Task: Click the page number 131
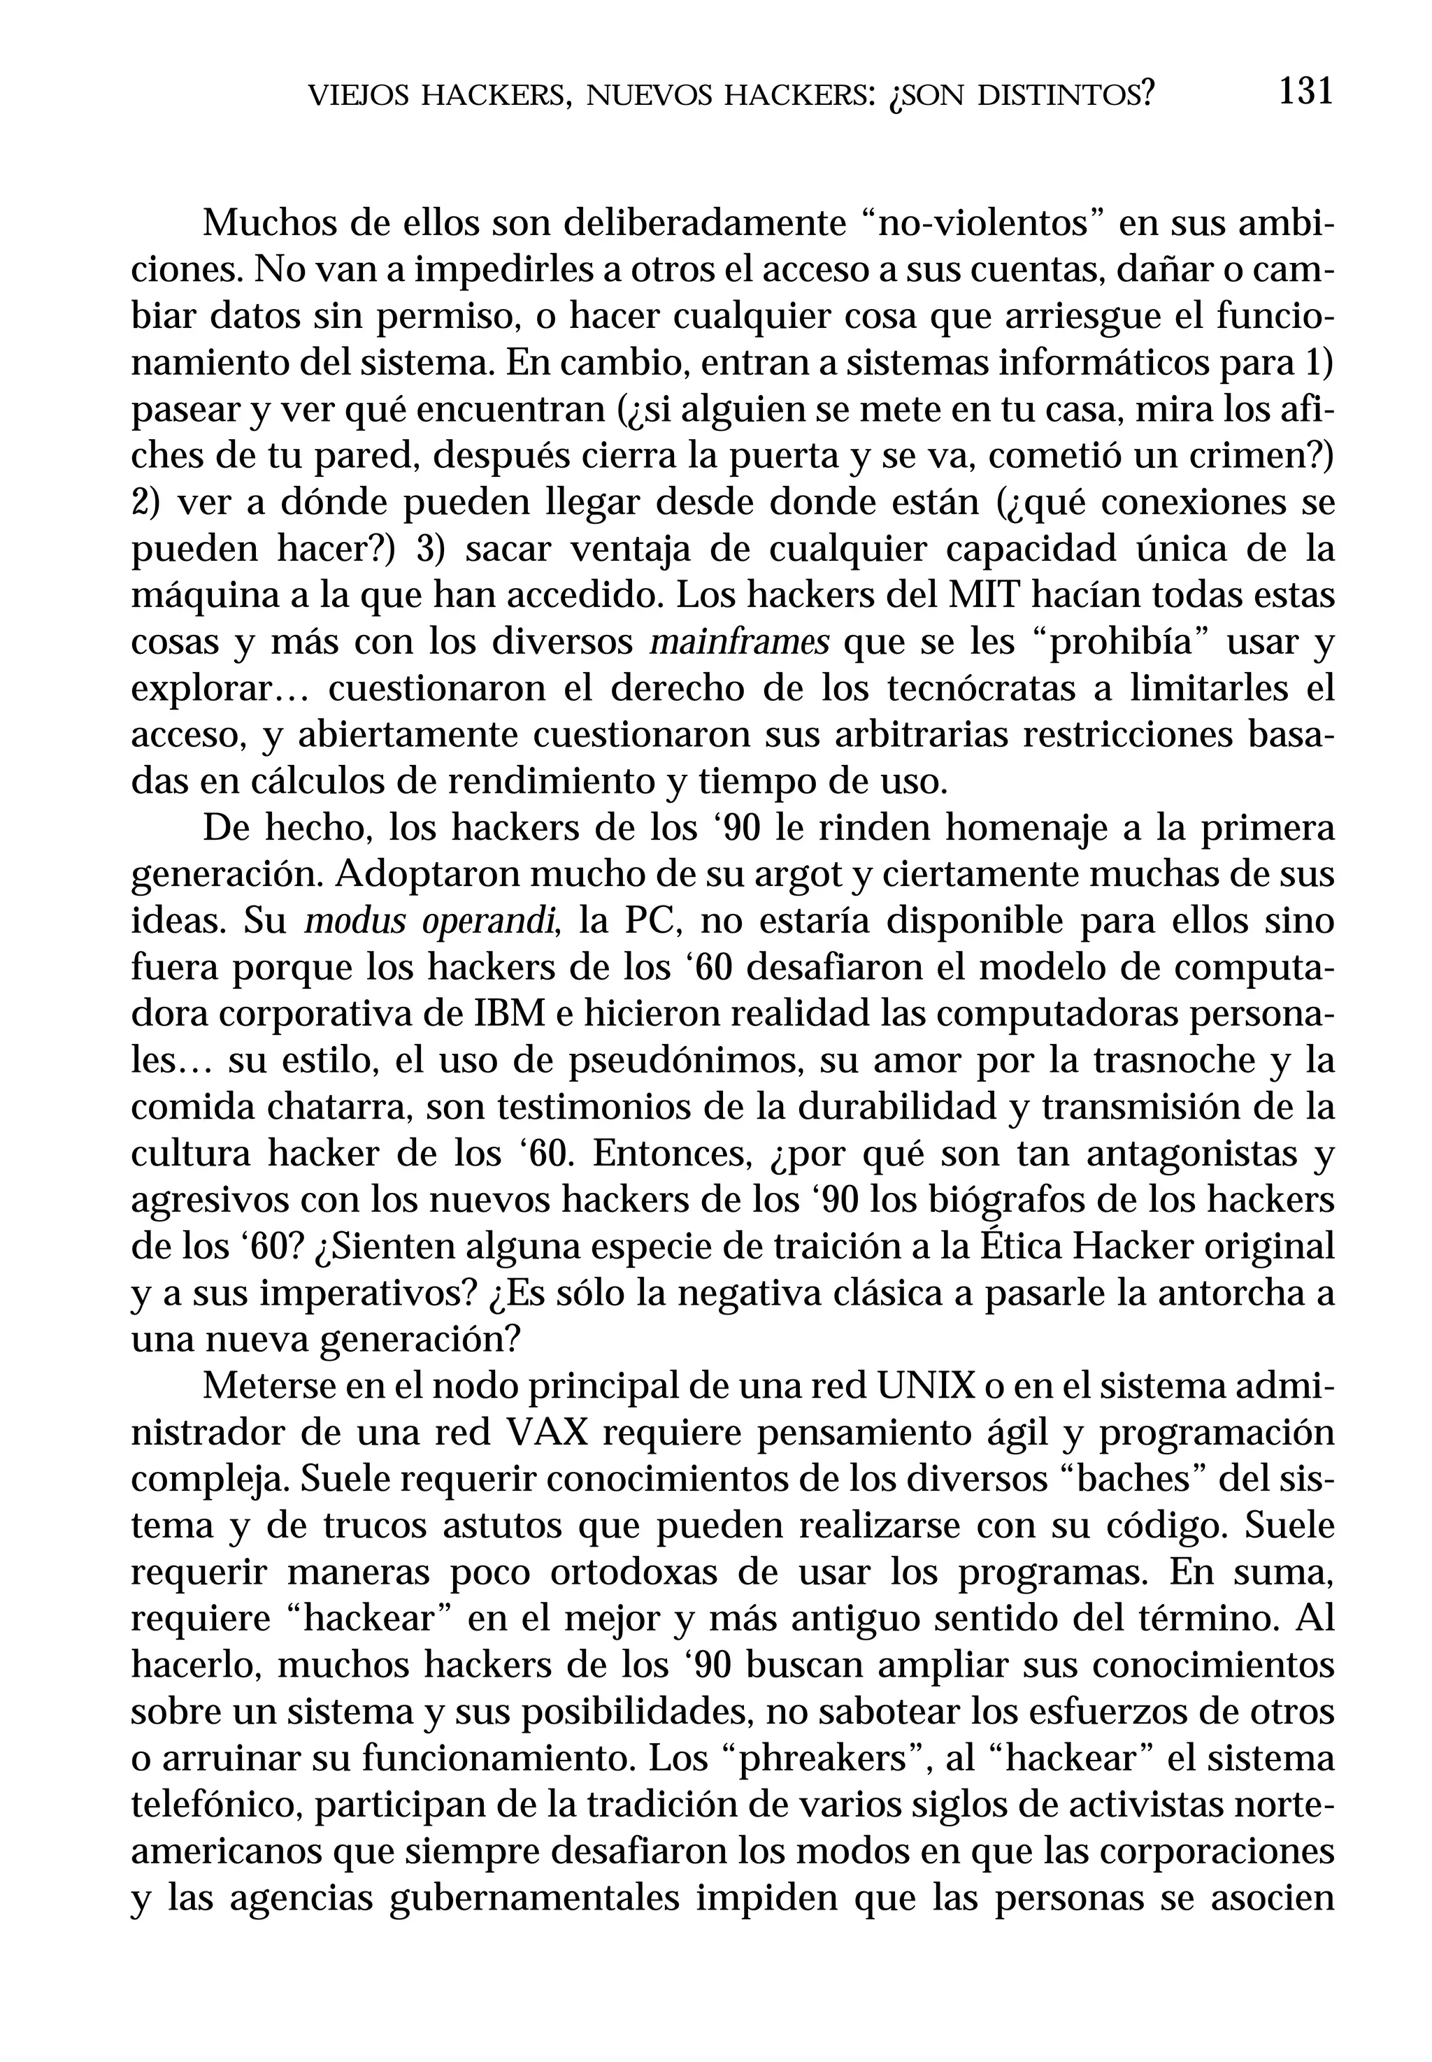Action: point(1305,92)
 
